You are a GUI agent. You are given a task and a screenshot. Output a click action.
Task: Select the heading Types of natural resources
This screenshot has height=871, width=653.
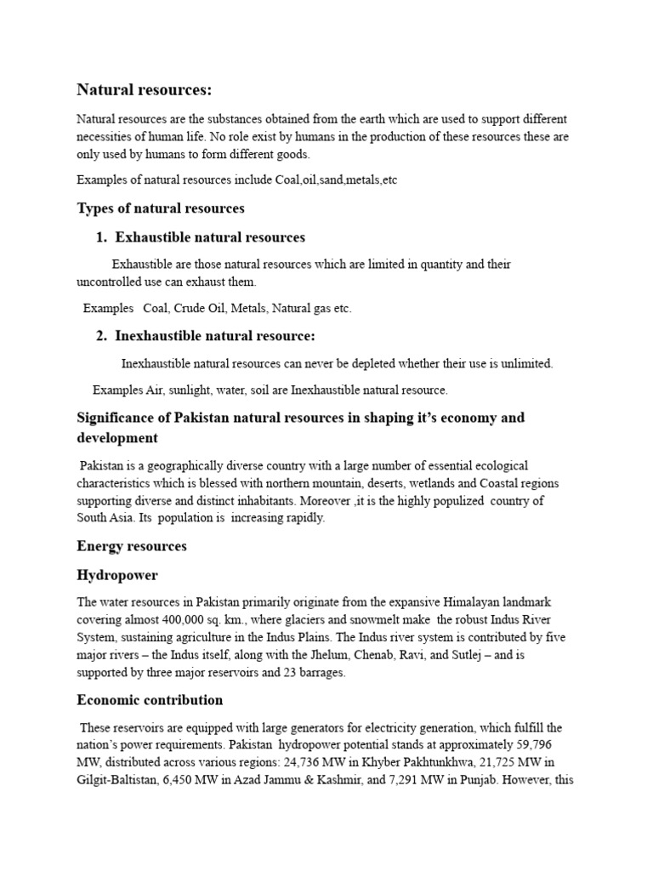coord(161,208)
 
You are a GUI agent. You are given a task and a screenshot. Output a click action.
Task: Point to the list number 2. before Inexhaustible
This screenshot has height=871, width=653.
coord(102,336)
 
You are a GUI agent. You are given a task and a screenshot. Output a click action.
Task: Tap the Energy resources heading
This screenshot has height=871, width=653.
coord(132,546)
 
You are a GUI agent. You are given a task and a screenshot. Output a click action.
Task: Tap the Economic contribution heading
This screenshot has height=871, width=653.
coord(150,700)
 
